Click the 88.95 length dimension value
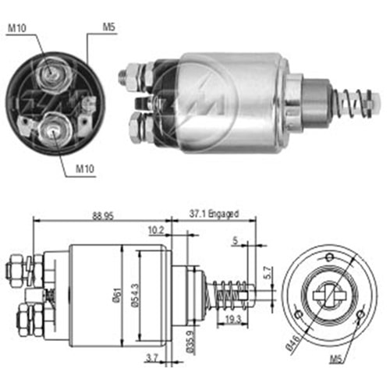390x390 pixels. point(103,216)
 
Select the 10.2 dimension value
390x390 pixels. point(156,230)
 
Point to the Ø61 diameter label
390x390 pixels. point(117,295)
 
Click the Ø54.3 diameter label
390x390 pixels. point(135,295)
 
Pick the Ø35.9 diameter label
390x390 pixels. point(190,342)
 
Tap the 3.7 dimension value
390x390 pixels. point(152,358)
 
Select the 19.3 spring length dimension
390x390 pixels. point(233,320)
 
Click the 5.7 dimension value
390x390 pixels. point(268,272)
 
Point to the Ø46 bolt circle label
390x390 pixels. point(293,342)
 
